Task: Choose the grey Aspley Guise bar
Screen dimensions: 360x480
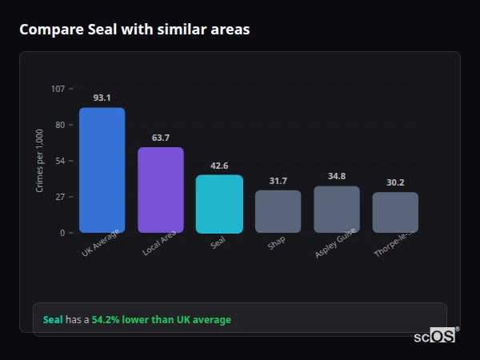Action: pyautogui.click(x=337, y=210)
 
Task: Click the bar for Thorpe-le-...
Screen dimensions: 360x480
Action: pyautogui.click(x=395, y=213)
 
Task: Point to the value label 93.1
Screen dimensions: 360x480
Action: pyautogui.click(x=102, y=98)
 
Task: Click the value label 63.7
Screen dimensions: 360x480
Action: pyautogui.click(x=161, y=138)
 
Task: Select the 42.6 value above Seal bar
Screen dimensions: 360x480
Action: pyautogui.click(x=219, y=166)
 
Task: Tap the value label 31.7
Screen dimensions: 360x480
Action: pyautogui.click(x=278, y=181)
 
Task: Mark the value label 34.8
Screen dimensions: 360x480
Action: pyautogui.click(x=337, y=176)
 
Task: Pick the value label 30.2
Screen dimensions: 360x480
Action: pyautogui.click(x=395, y=182)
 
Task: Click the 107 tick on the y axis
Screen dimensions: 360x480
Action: pyautogui.click(x=58, y=89)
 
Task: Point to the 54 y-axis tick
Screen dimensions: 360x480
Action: pyautogui.click(x=60, y=161)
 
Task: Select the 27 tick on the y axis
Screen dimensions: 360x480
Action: pyautogui.click(x=60, y=197)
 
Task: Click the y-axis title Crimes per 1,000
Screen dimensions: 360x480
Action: pyautogui.click(x=39, y=161)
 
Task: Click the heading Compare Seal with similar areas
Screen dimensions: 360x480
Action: pyautogui.click(x=134, y=30)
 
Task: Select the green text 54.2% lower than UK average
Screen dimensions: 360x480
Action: pyautogui.click(x=161, y=320)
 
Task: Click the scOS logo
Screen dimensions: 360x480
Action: pyautogui.click(x=434, y=336)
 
